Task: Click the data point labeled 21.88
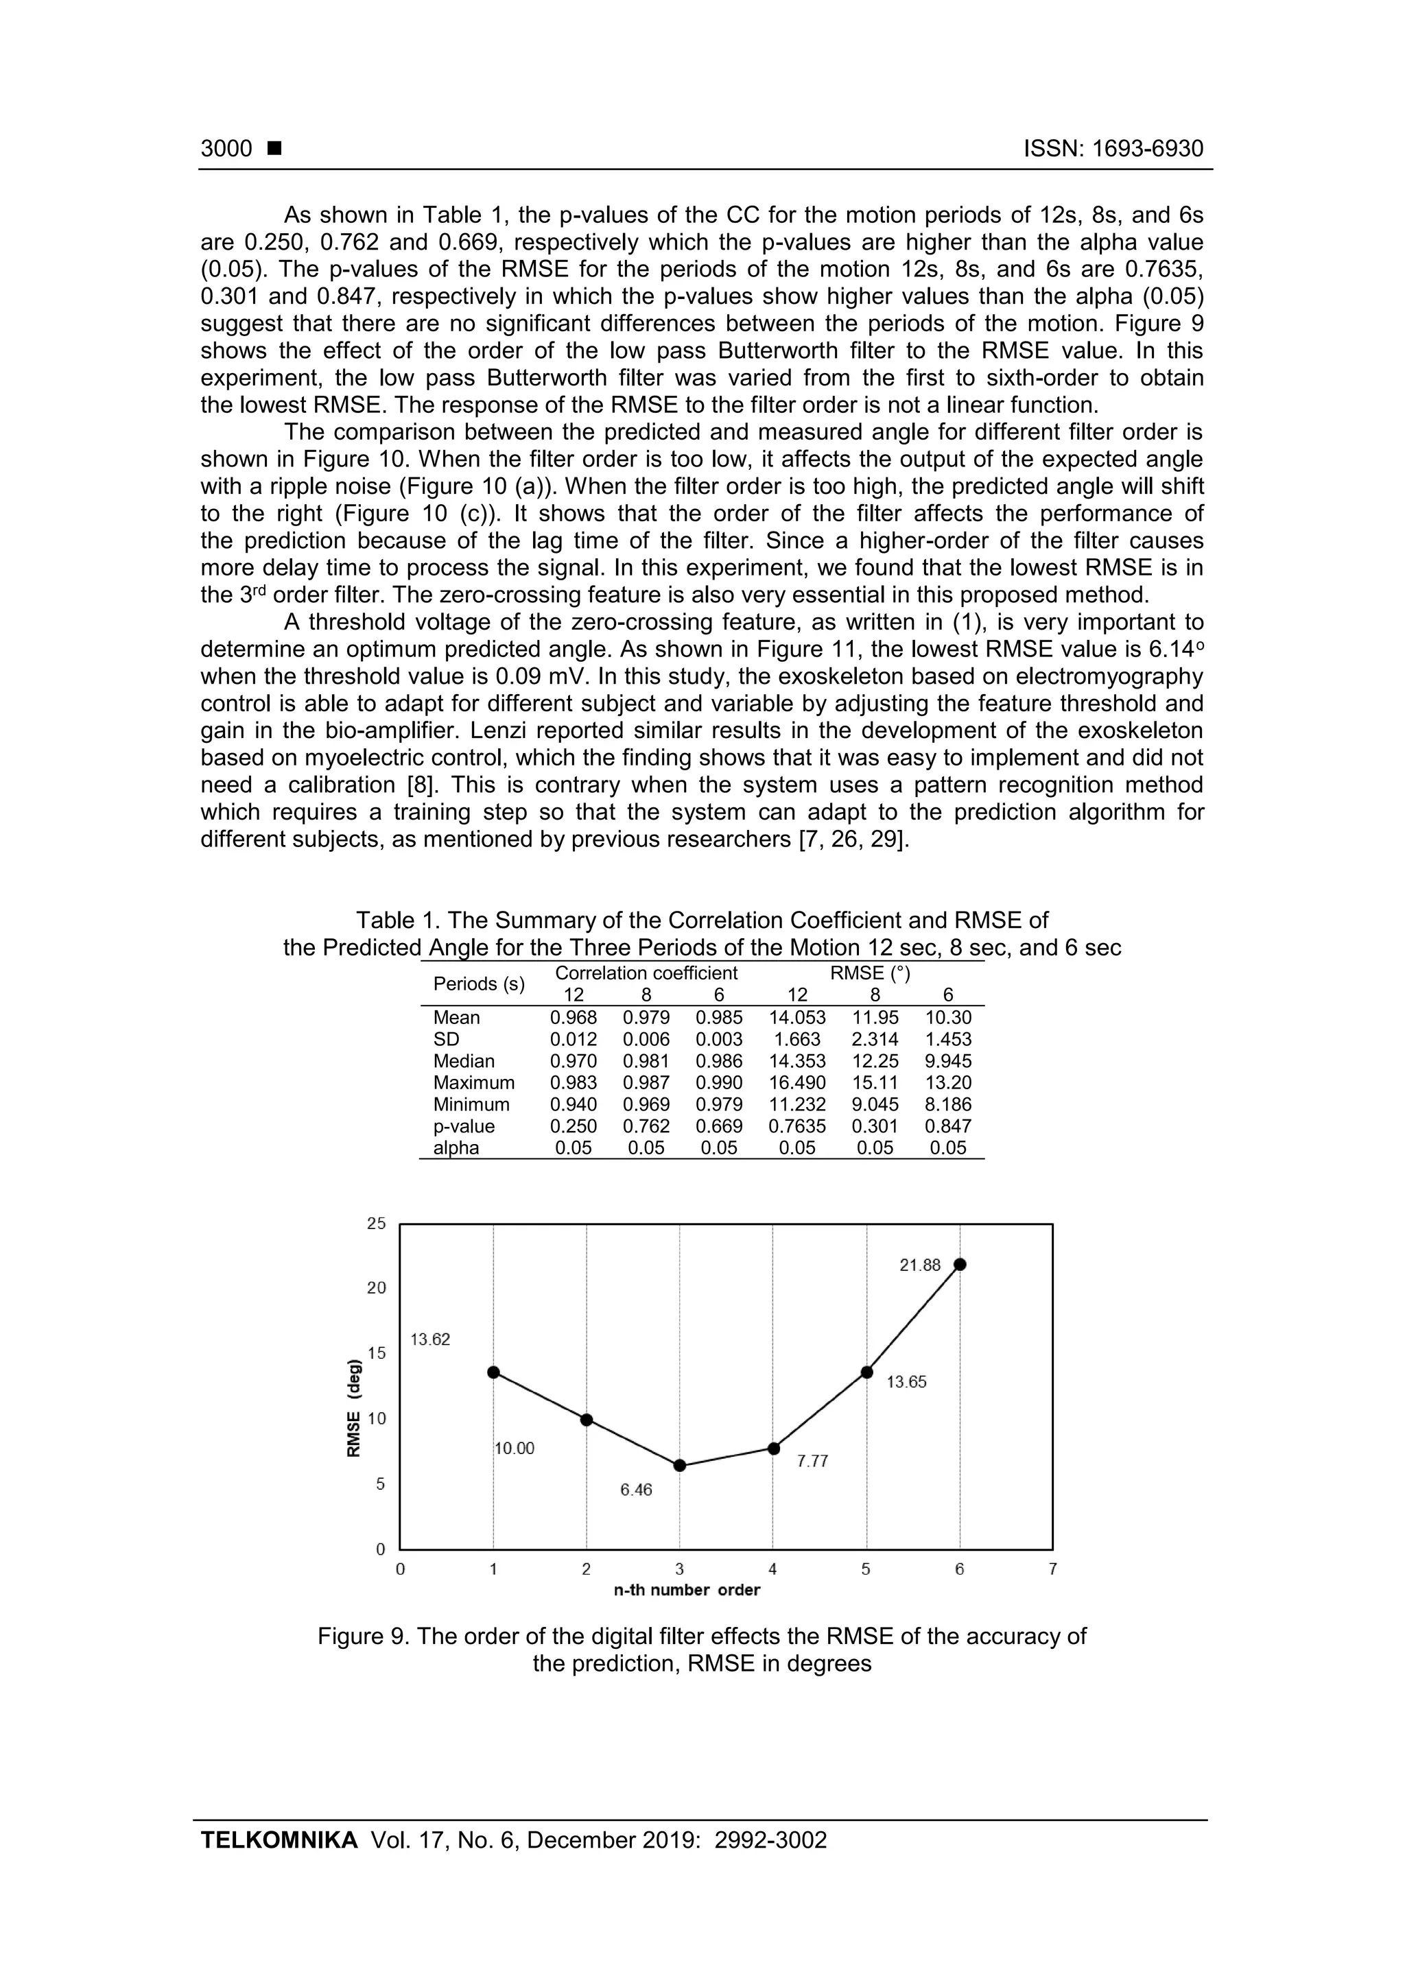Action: (959, 1264)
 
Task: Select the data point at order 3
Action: (680, 1465)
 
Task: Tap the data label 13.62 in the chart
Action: (430, 1340)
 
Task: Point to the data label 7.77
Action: (813, 1462)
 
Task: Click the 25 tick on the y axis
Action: (377, 1224)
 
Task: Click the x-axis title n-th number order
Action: (687, 1591)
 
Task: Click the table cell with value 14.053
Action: (797, 1018)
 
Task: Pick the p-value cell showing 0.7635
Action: (797, 1127)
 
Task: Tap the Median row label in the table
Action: (464, 1061)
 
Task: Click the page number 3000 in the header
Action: (227, 149)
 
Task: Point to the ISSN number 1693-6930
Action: (1147, 149)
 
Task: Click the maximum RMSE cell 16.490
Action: (797, 1082)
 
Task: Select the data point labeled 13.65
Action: (866, 1372)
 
